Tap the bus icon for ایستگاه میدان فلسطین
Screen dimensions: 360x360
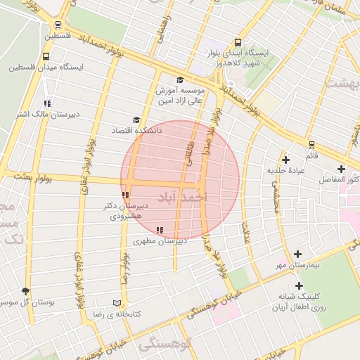click(x=46, y=56)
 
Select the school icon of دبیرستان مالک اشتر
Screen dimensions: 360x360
click(x=47, y=103)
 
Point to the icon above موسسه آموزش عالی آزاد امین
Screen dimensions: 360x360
click(x=180, y=79)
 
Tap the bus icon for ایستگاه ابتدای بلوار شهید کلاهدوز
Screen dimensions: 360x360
click(x=237, y=42)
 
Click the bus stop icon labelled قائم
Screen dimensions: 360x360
click(x=311, y=144)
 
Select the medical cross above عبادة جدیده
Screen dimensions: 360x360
click(x=285, y=160)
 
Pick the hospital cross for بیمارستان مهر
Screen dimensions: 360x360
click(x=298, y=254)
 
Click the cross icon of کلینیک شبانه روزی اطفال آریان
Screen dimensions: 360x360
click(x=300, y=285)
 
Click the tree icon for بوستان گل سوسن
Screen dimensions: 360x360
click(x=27, y=290)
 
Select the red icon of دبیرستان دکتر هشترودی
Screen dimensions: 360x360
click(x=125, y=195)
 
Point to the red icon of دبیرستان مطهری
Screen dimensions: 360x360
click(x=160, y=229)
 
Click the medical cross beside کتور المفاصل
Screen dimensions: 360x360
click(x=342, y=169)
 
